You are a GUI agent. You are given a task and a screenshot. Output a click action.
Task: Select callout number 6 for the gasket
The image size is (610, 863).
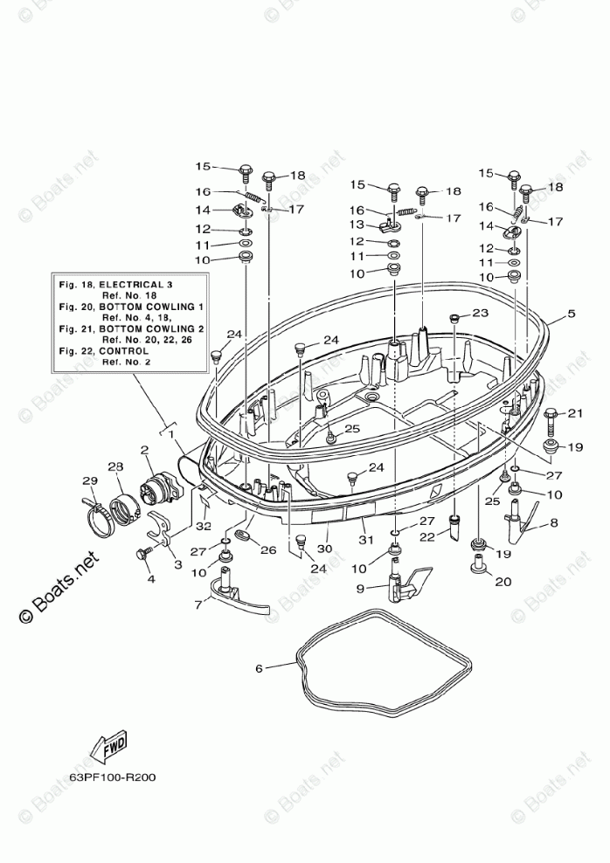[259, 668]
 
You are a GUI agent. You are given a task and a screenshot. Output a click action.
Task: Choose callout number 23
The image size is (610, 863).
[481, 313]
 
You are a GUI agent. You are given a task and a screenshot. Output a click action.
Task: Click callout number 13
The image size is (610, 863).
[356, 225]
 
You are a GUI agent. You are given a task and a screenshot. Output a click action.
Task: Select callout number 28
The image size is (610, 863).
[114, 468]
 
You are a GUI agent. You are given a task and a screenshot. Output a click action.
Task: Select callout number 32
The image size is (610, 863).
[204, 526]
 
